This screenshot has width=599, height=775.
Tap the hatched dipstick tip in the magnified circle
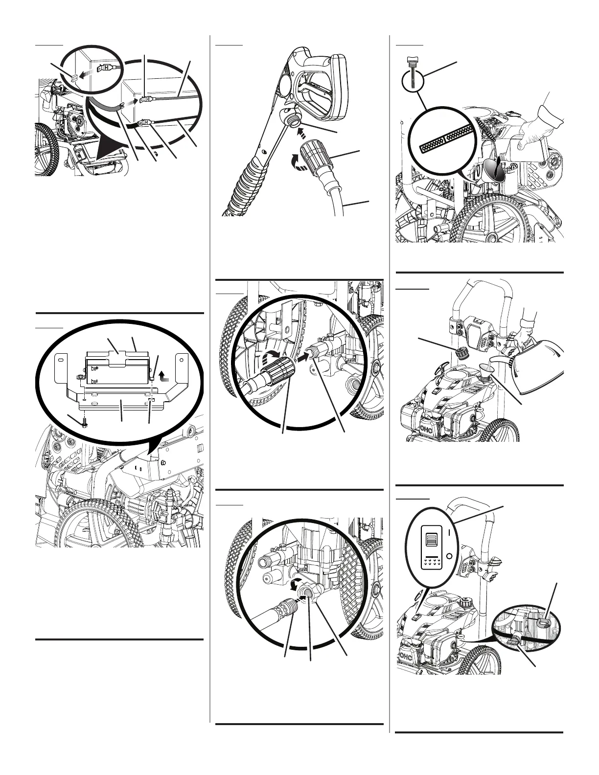pos(446,140)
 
